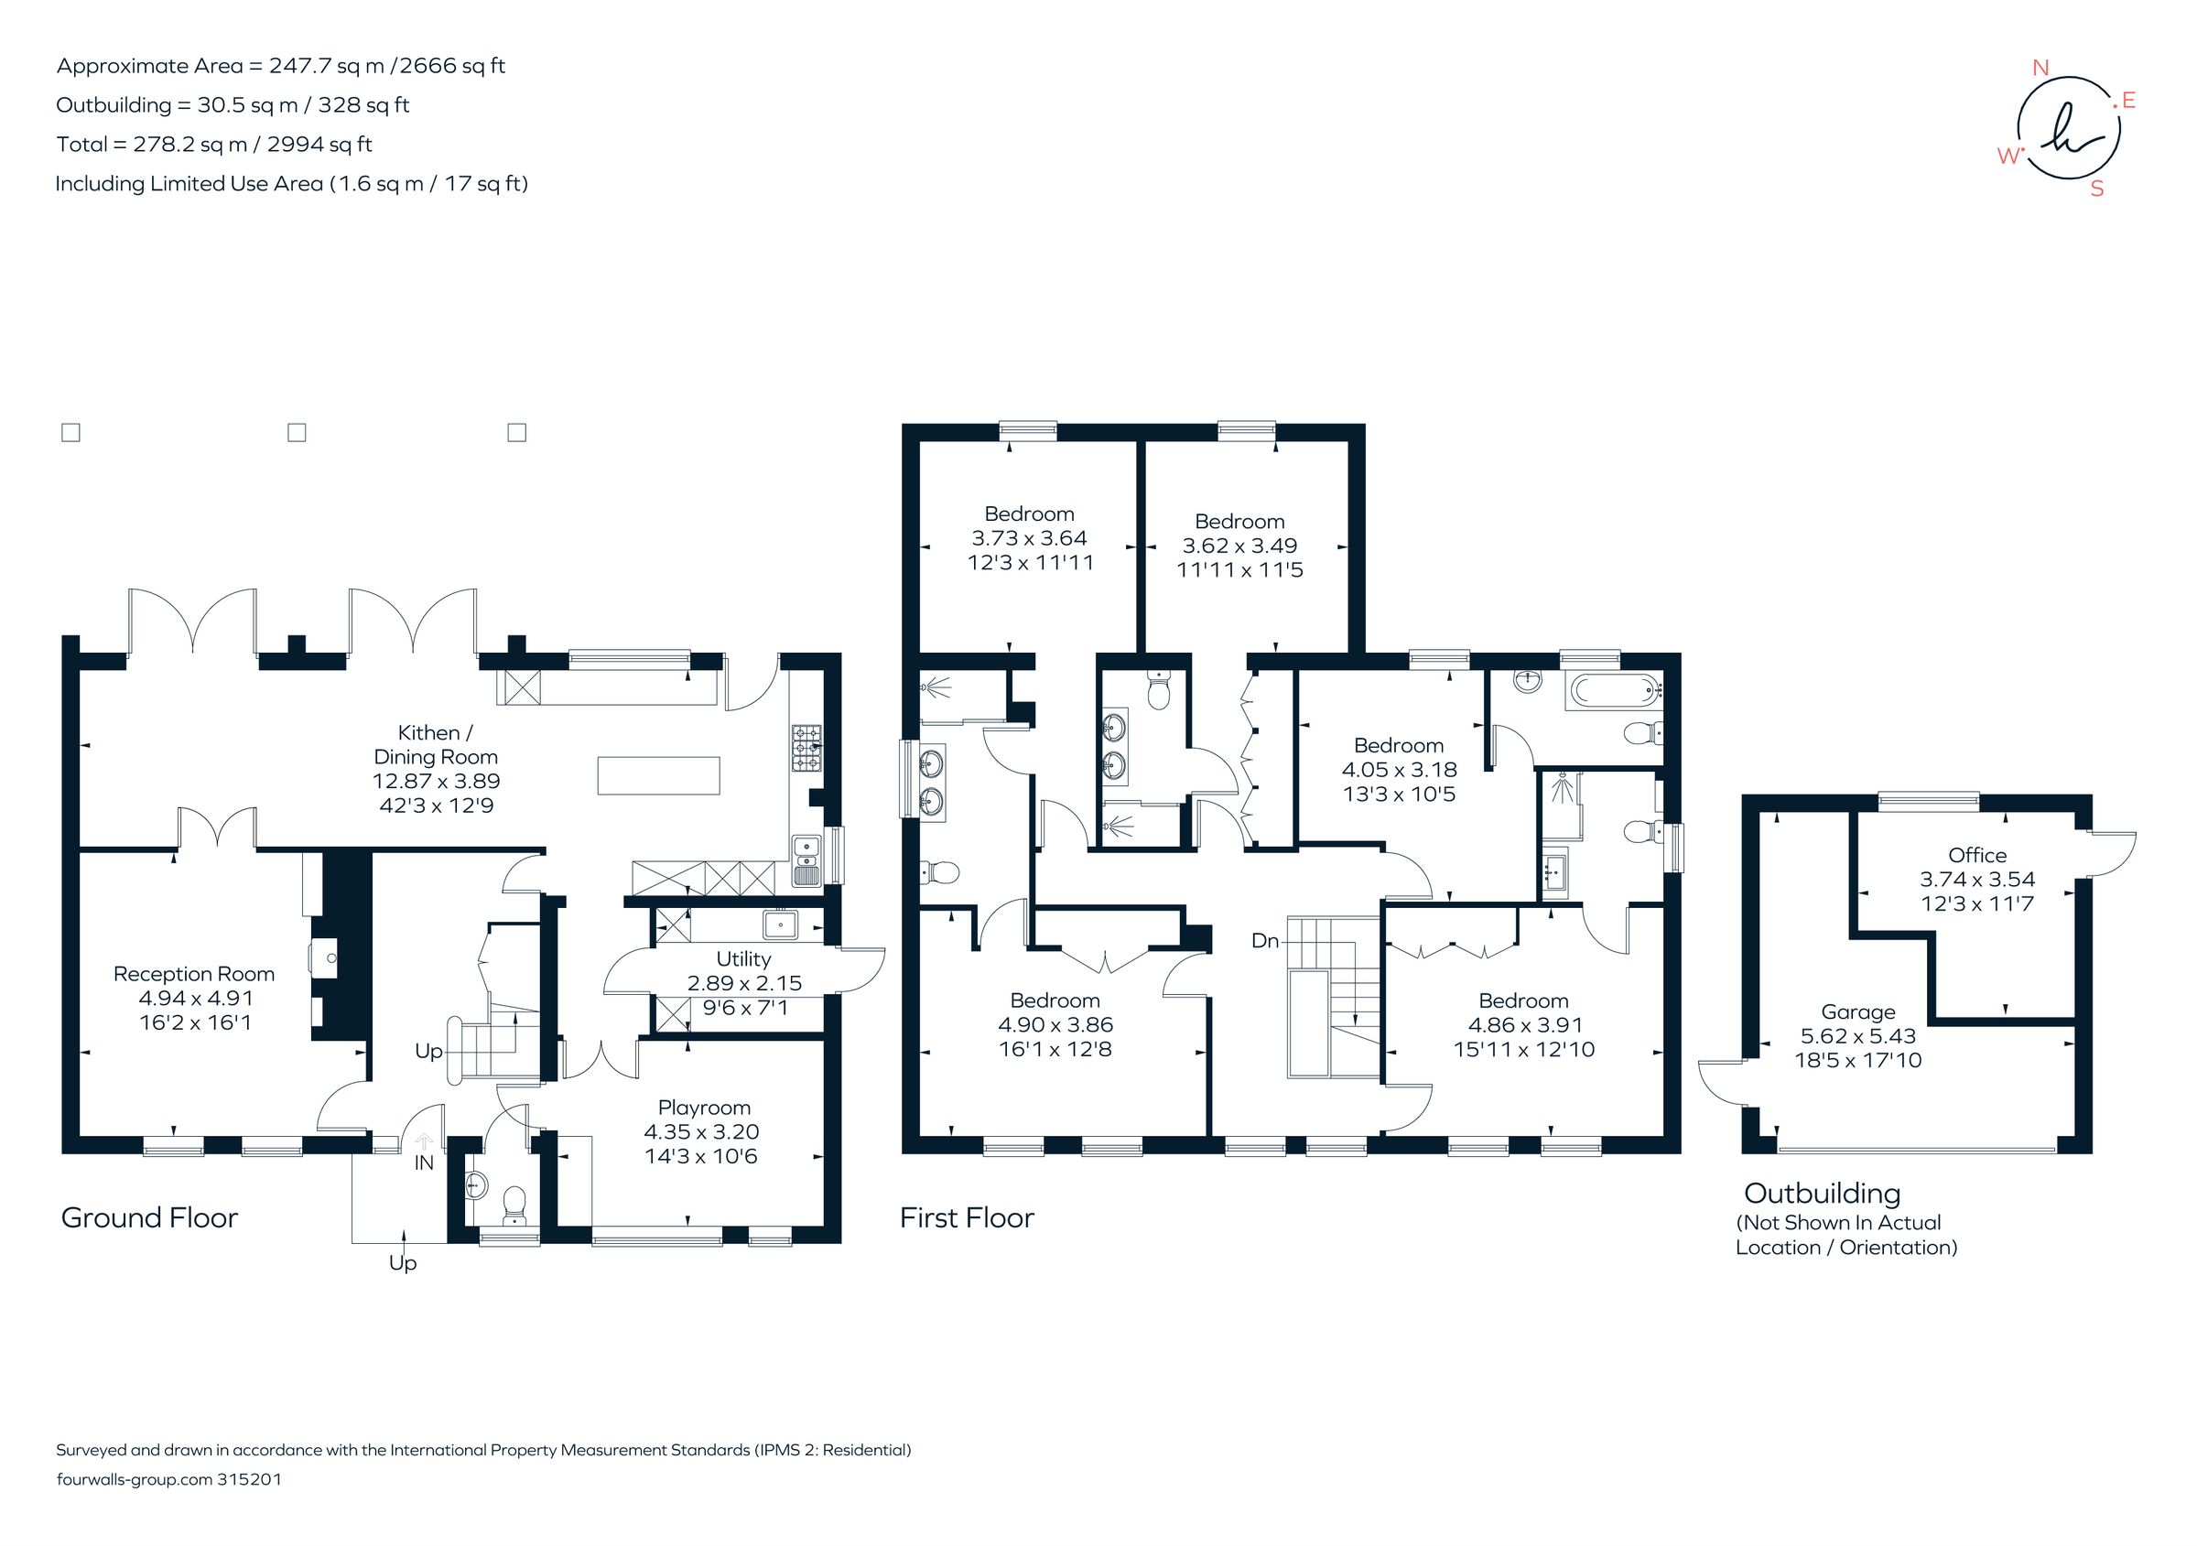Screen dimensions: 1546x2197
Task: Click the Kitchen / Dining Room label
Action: (x=436, y=744)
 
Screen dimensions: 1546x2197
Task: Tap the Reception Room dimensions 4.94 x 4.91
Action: (x=195, y=998)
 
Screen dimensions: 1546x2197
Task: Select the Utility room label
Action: (x=742, y=958)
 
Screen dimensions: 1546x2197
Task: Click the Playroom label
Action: (x=703, y=1107)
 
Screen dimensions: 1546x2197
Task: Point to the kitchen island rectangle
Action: (x=658, y=775)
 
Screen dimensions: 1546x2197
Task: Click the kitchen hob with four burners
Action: (x=806, y=748)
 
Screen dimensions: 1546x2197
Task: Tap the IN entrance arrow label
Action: (x=424, y=1162)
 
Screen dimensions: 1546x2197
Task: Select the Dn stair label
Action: (x=1264, y=940)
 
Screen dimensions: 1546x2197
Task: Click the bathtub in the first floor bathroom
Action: (x=1614, y=692)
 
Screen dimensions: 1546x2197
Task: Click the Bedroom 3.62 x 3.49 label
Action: (x=1239, y=522)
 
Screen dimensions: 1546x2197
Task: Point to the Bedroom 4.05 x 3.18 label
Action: (x=1398, y=745)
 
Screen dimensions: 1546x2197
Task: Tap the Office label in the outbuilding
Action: (x=1977, y=855)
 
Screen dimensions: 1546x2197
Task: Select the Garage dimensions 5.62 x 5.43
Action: (x=1858, y=1035)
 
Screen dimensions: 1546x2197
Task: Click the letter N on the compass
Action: (x=2040, y=68)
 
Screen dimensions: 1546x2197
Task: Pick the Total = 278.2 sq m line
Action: (x=214, y=145)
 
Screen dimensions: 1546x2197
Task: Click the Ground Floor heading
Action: (x=149, y=1218)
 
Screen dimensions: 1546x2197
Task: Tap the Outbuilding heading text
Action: (x=1822, y=1193)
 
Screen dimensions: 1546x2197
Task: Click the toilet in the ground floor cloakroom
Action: (x=514, y=1205)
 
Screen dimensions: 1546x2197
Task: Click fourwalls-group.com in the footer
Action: (x=134, y=1478)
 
